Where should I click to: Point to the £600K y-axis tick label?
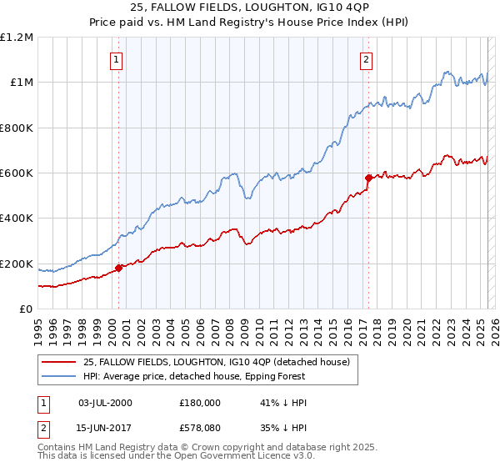[17, 173]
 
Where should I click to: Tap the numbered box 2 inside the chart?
[366, 59]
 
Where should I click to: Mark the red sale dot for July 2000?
[118, 268]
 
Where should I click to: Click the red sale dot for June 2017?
[367, 178]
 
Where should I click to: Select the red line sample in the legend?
[60, 361]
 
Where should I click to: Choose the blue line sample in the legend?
[60, 376]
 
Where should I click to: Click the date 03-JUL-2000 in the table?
[104, 403]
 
